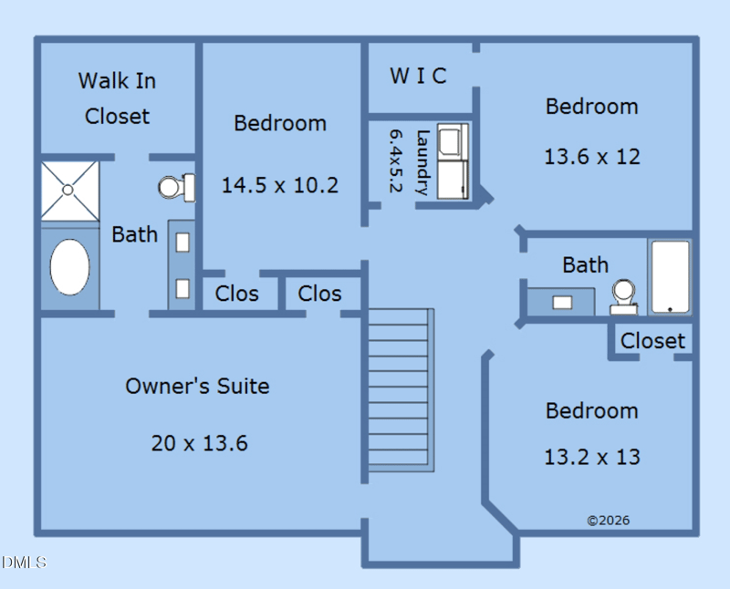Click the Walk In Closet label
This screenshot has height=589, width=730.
(x=117, y=98)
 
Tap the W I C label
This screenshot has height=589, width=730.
(x=418, y=76)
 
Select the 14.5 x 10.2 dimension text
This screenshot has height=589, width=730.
(x=280, y=185)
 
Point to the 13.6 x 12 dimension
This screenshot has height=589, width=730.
(x=592, y=157)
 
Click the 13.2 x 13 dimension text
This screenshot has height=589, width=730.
(x=592, y=457)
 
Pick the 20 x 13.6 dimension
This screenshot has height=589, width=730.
(x=199, y=443)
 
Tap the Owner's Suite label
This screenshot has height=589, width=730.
(x=197, y=387)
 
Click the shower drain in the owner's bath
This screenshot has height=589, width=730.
(x=68, y=190)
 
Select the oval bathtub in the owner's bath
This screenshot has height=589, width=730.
(x=70, y=267)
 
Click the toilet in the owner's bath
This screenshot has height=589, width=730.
(x=177, y=188)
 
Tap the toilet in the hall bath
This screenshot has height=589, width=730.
(x=623, y=297)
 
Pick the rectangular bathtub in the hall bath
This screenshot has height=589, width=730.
(x=671, y=277)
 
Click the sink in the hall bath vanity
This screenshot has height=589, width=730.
(x=562, y=303)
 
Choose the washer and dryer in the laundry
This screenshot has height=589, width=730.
(x=453, y=161)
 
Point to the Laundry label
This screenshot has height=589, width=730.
(x=422, y=163)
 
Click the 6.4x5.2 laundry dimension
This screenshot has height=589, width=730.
(x=395, y=161)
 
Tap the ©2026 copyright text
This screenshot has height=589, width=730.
(x=608, y=520)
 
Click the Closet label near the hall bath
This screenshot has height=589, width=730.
(x=652, y=341)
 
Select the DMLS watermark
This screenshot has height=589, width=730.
(x=25, y=562)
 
